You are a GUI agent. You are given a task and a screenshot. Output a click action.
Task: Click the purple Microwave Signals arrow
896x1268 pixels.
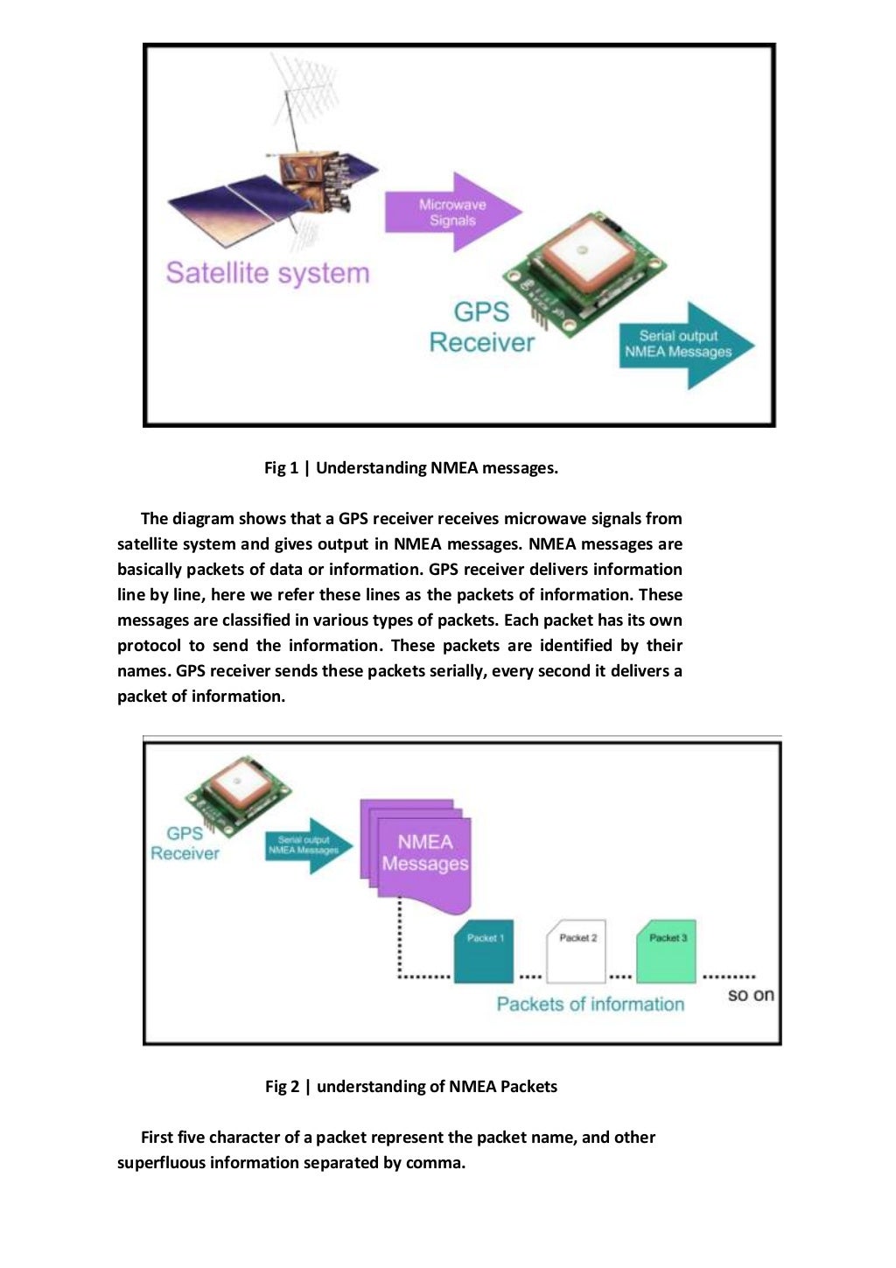451,213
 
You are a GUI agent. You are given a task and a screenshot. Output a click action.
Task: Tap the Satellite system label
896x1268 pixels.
268,273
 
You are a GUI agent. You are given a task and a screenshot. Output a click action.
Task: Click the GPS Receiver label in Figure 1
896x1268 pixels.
481,327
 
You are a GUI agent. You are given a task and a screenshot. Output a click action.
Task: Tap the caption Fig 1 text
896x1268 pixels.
410,468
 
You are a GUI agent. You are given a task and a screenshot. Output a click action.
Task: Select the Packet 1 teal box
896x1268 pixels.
484,950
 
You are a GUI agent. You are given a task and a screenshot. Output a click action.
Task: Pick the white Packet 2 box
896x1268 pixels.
576,950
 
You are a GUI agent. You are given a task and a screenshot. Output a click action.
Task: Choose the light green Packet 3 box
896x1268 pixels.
666,950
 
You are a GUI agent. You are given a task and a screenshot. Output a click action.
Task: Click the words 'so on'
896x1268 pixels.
751,995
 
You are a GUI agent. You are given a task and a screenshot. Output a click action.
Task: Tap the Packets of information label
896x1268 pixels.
590,1005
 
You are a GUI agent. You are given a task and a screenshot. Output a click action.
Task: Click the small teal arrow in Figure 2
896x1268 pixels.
307,845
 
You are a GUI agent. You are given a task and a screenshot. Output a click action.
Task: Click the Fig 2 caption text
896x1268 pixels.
410,1087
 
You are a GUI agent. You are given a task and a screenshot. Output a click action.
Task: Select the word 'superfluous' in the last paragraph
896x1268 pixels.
161,1163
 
